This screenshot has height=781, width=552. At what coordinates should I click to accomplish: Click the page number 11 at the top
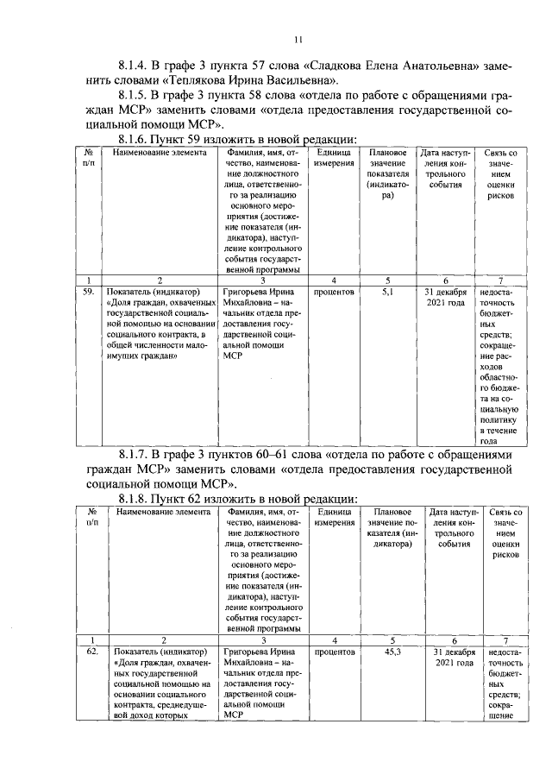(298, 39)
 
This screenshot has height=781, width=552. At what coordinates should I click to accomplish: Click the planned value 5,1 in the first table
(387, 293)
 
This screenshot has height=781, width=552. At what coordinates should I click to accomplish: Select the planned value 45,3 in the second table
(389, 652)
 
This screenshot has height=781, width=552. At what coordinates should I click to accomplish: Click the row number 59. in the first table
(87, 293)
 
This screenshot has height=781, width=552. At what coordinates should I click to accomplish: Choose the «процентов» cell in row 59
(334, 293)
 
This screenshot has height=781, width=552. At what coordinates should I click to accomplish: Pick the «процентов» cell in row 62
(334, 652)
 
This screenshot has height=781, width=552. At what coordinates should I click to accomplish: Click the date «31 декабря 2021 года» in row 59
(446, 298)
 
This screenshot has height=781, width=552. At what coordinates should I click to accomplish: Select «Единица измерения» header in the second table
(334, 518)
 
